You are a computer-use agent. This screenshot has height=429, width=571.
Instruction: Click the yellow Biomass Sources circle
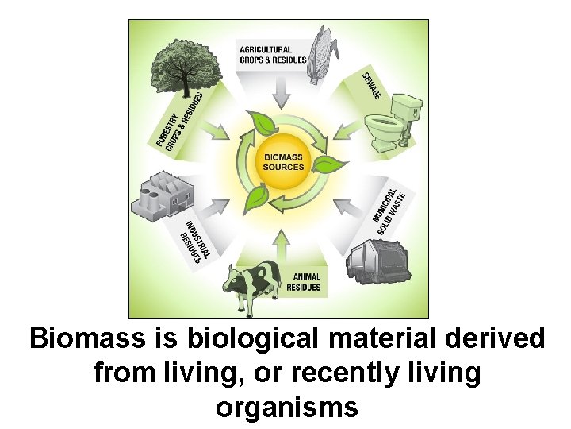[x=284, y=161]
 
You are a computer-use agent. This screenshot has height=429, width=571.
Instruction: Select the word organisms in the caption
[x=286, y=407]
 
